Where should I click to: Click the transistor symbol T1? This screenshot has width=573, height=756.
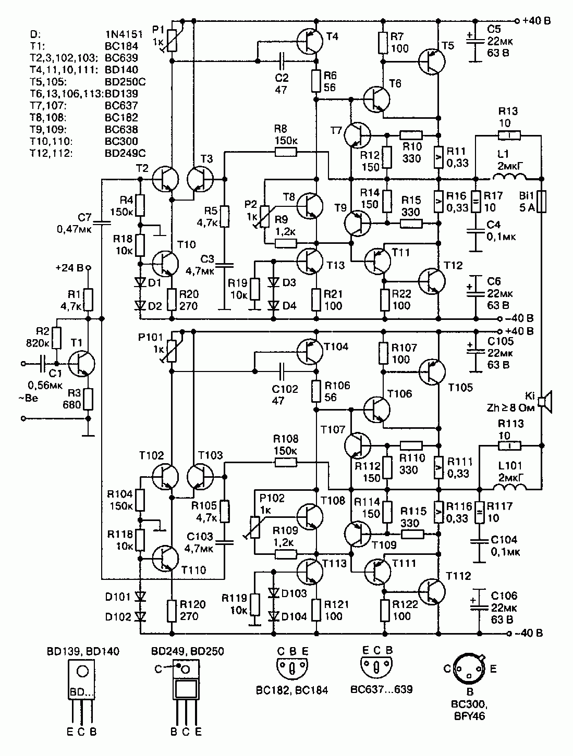coord(81,364)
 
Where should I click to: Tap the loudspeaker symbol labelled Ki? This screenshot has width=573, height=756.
coord(545,402)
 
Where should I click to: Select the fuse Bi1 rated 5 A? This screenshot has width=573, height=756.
coord(541,202)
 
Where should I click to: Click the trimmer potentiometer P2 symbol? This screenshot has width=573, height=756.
coord(265,216)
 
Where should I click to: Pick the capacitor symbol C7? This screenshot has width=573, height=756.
coord(102,222)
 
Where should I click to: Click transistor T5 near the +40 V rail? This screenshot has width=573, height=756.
coord(432,61)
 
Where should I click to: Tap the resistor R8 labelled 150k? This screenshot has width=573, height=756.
coord(286,152)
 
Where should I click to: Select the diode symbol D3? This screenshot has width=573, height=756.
coord(274,282)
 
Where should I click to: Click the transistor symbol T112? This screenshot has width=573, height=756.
coord(432,591)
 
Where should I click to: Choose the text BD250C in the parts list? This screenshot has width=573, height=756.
coord(125,82)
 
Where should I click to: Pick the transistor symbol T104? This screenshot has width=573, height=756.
coord(310,352)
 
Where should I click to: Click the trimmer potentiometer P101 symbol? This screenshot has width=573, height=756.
coord(172,350)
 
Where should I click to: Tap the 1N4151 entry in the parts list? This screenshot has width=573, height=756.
coord(124,34)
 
